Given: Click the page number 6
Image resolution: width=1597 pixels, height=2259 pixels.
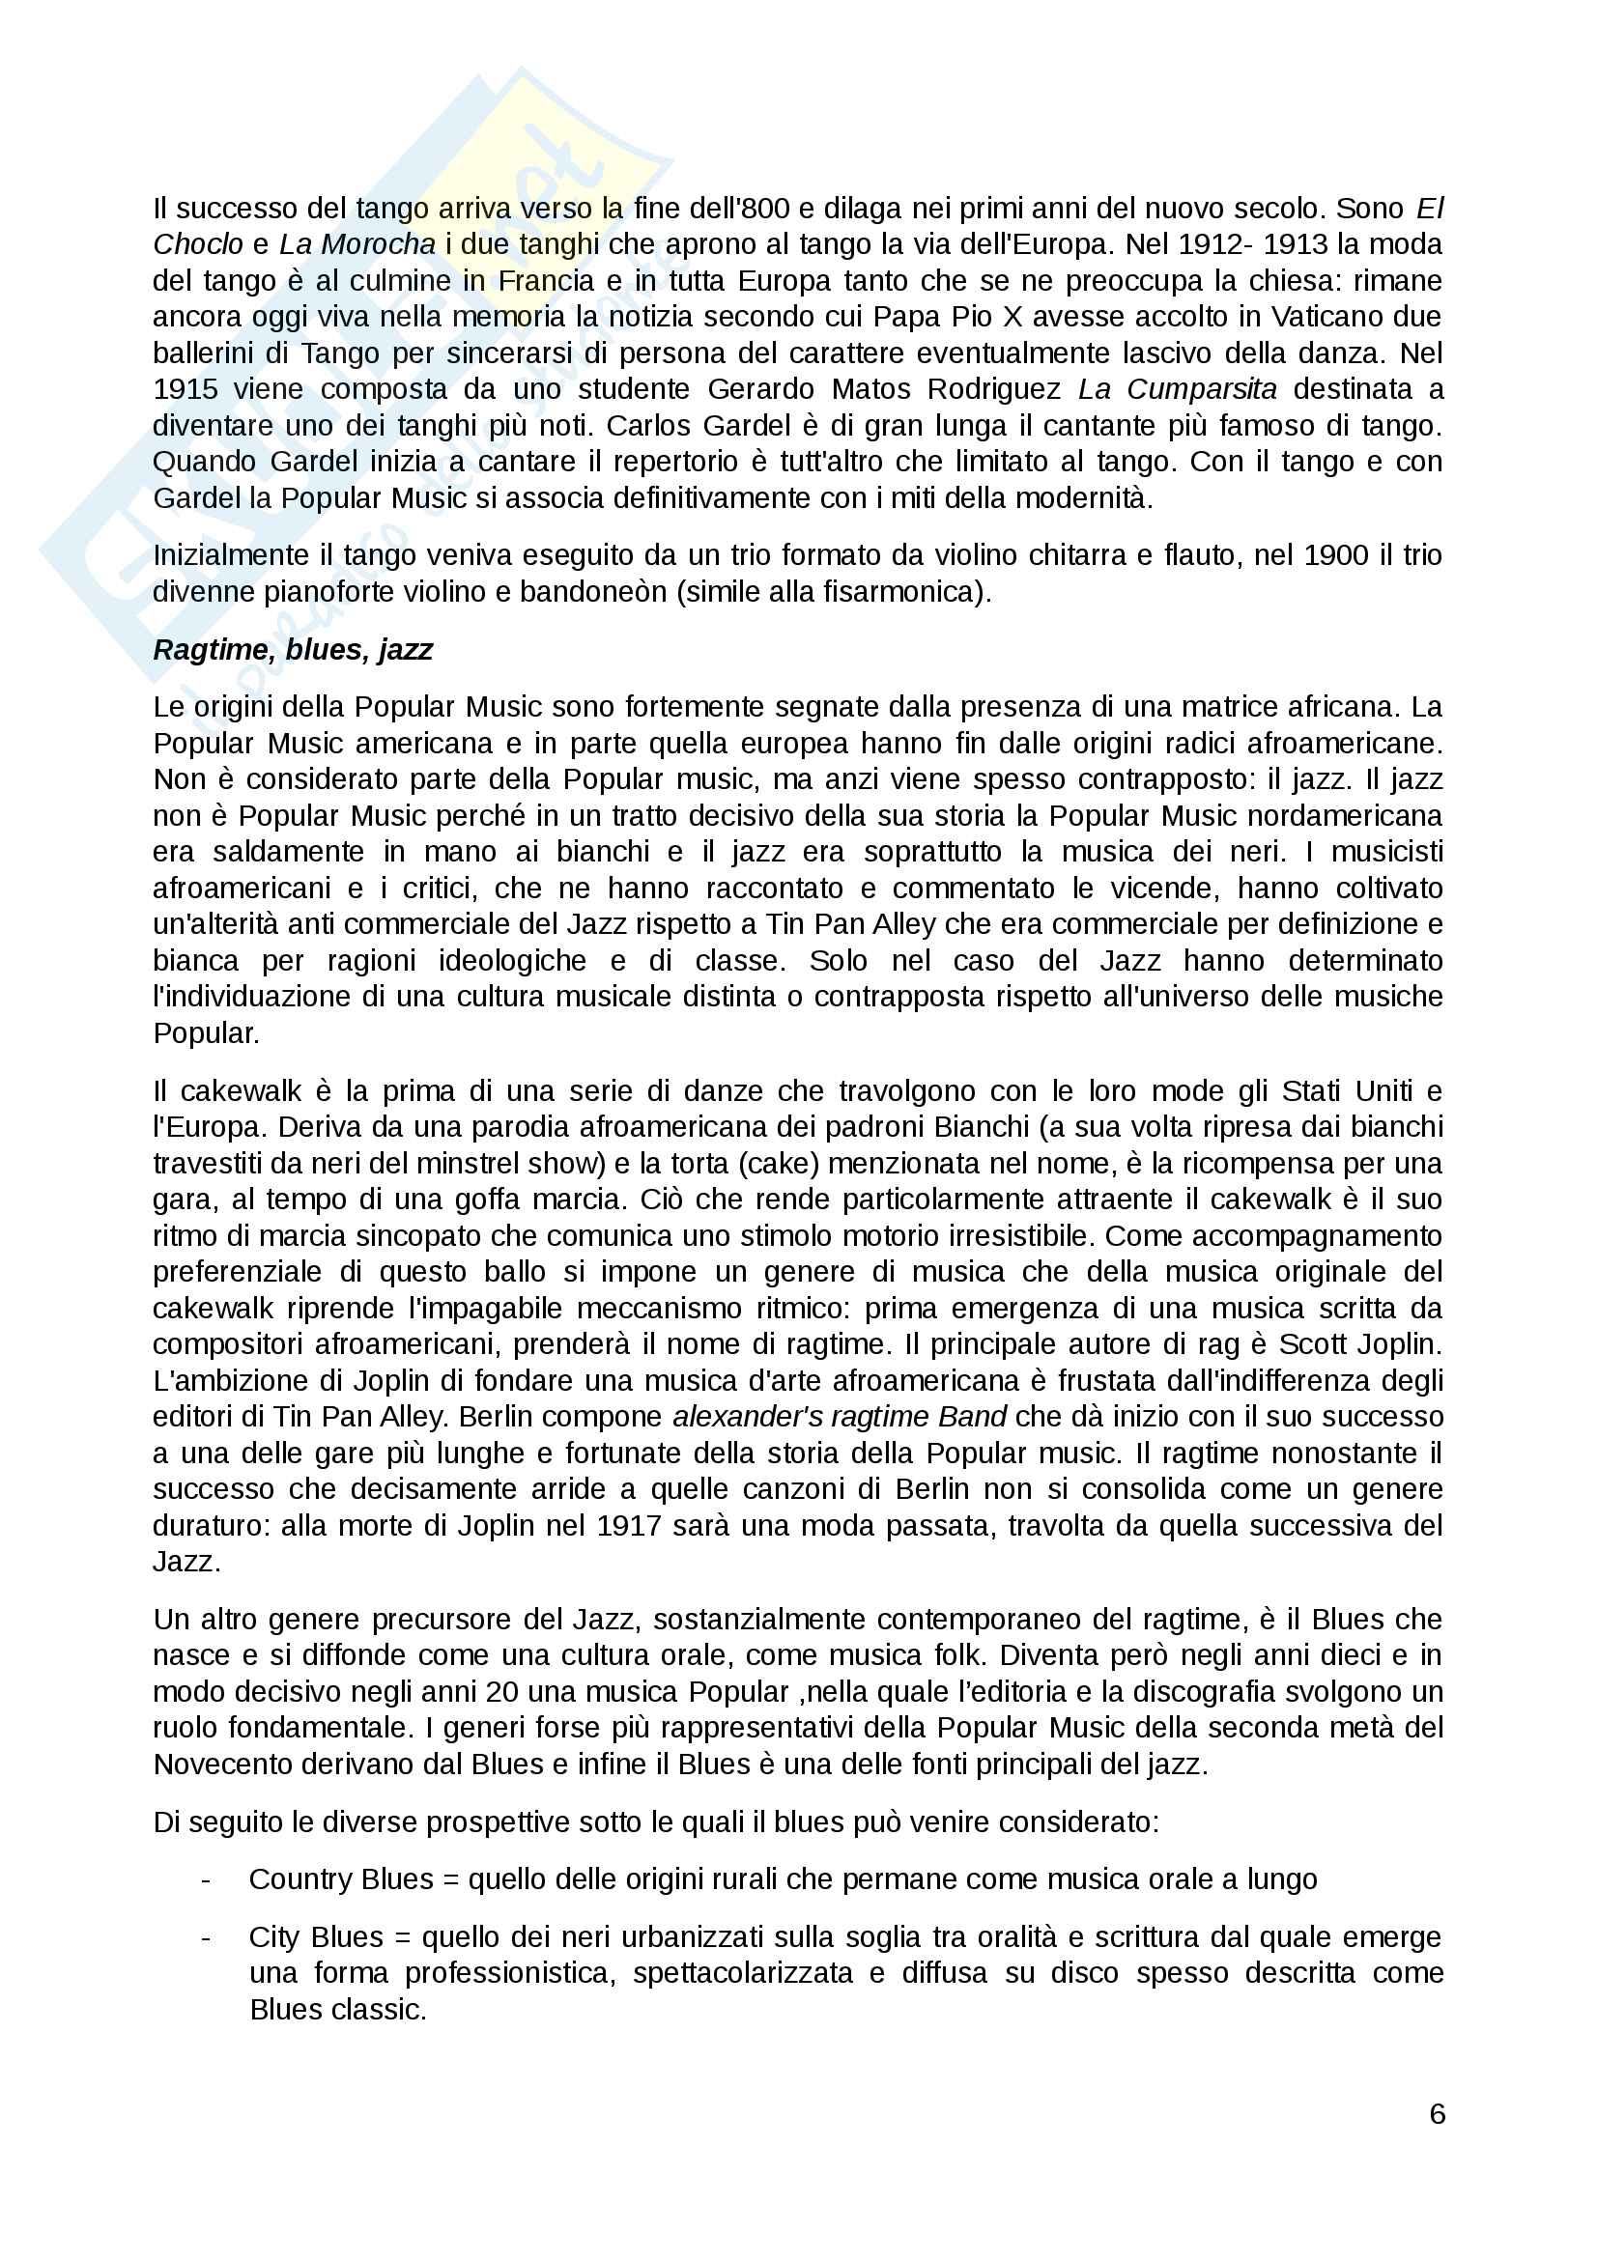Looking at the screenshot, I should [x=1437, y=2114].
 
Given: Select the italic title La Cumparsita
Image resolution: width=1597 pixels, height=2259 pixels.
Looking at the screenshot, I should [x=1177, y=389].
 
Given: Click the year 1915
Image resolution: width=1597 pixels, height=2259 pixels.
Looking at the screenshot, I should [x=185, y=389].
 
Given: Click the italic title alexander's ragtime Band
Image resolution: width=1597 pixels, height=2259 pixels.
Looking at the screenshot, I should [x=840, y=1418].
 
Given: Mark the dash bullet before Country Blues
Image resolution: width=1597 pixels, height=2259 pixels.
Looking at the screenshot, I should [x=206, y=1879].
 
